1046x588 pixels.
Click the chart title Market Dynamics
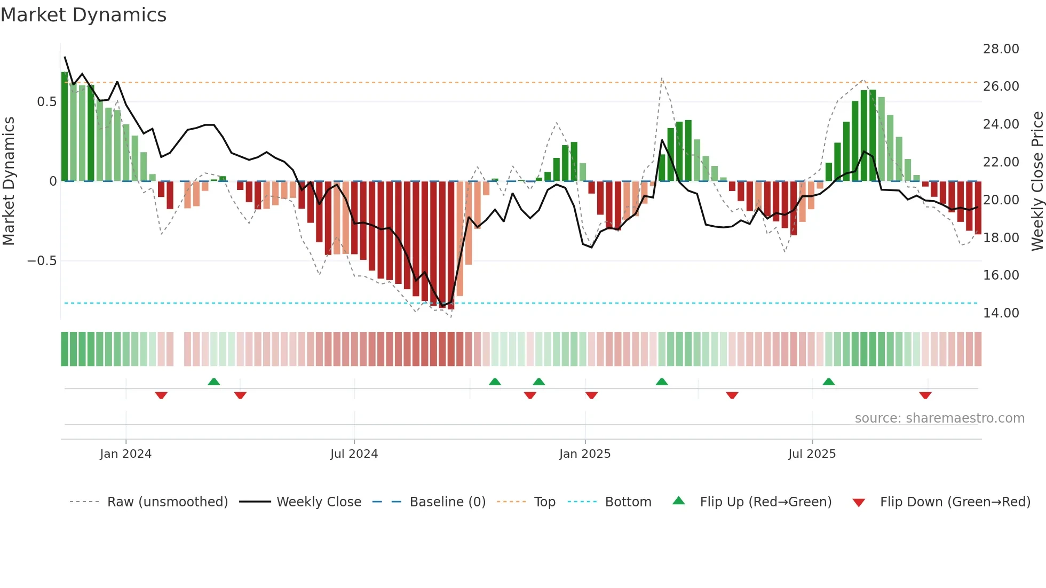[83, 15]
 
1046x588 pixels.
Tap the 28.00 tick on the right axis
[1001, 49]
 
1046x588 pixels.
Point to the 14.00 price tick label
[1001, 313]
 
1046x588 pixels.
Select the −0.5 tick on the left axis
[42, 261]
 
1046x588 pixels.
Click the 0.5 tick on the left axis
[46, 102]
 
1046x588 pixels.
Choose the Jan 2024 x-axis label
[125, 454]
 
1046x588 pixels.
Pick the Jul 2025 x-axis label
[812, 454]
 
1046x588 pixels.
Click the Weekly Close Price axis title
[1037, 181]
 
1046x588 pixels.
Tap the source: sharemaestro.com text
[939, 418]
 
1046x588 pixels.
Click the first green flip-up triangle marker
[213, 382]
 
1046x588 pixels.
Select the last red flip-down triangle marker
[925, 395]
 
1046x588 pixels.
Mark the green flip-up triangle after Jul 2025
[828, 382]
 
